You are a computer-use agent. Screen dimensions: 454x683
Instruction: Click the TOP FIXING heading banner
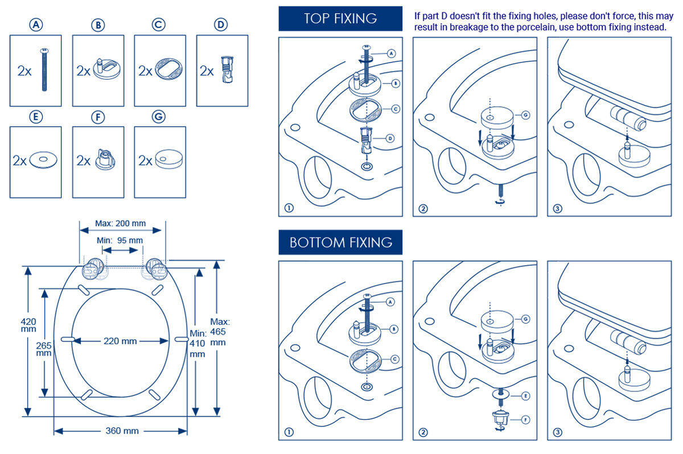coord(340,18)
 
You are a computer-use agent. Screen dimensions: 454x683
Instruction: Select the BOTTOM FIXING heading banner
coord(340,242)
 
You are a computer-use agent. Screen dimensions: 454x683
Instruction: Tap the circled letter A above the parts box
coord(36,25)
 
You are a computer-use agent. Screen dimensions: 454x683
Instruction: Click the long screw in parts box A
coord(43,71)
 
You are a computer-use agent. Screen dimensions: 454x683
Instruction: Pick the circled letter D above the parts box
coord(221,25)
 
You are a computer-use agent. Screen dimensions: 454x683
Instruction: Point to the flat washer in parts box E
coord(42,160)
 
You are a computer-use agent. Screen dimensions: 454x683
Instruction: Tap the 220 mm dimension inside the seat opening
coord(121,341)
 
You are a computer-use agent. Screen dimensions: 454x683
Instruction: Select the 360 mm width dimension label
coord(122,431)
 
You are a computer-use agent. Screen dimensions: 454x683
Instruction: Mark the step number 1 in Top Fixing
coord(289,208)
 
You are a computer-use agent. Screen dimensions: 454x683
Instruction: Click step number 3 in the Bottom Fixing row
coord(557,432)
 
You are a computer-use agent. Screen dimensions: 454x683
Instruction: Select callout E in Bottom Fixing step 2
coord(525,394)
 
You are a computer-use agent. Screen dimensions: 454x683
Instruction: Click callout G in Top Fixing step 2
coord(525,115)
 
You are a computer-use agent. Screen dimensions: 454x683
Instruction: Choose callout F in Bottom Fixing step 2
coord(525,419)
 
